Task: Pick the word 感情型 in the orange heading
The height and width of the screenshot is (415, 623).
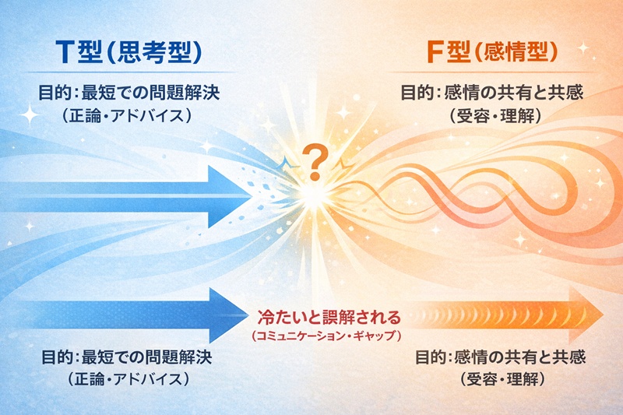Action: [x=526, y=51]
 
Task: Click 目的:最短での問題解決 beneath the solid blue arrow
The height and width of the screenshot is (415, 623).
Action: [x=128, y=358]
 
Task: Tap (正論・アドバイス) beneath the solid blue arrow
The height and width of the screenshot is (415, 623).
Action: [x=128, y=380]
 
